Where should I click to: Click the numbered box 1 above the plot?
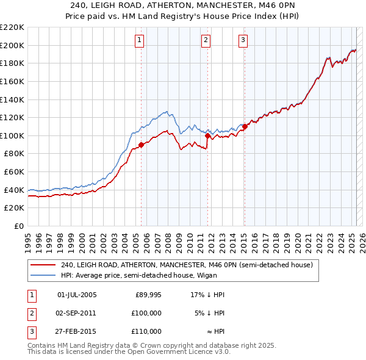click(x=140, y=40)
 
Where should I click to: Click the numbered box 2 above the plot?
click(x=206, y=40)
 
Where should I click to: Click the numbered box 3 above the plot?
click(x=243, y=40)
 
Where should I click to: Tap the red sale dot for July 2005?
click(x=141, y=145)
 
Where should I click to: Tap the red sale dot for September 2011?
click(x=207, y=136)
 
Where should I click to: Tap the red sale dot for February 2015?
click(x=245, y=127)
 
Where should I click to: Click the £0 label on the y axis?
click(x=18, y=226)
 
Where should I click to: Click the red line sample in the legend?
click(x=43, y=265)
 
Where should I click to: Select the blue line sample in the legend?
click(x=43, y=275)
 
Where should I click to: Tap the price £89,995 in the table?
click(x=148, y=295)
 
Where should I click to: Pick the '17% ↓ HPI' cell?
click(x=207, y=295)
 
